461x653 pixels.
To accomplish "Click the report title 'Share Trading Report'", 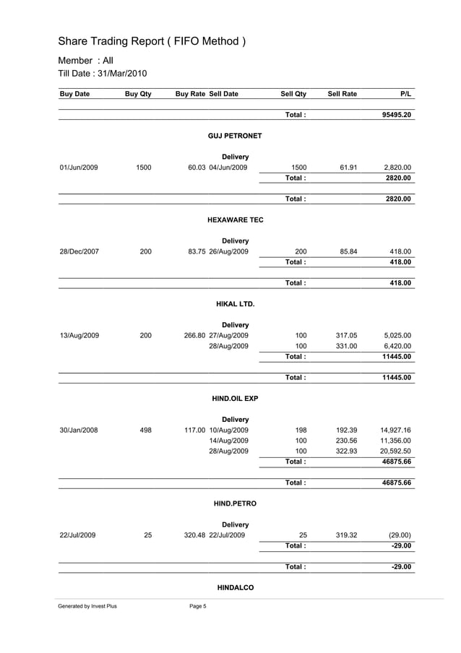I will click(152, 41).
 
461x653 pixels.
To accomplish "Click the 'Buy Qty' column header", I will click(138, 94).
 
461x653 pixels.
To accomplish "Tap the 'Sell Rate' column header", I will click(342, 94).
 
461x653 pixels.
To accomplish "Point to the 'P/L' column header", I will click(405, 94).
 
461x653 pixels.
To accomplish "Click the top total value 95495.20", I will click(397, 115).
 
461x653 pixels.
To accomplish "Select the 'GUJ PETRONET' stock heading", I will click(235, 136).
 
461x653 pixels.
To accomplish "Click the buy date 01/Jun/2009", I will click(78, 168).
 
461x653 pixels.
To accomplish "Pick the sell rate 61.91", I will click(348, 168).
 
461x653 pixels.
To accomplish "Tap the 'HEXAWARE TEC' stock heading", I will click(235, 220).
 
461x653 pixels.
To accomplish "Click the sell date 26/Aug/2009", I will click(228, 251).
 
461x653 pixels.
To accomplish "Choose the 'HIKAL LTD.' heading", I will click(235, 303).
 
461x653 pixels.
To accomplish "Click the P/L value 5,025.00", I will click(397, 335).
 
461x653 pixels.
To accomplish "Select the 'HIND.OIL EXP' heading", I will click(235, 398).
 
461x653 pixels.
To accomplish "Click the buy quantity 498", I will click(145, 430).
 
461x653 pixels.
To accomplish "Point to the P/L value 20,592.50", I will click(395, 451).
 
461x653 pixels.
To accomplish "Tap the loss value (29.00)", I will click(398, 535).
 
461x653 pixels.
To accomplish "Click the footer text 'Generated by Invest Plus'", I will click(87, 606).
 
